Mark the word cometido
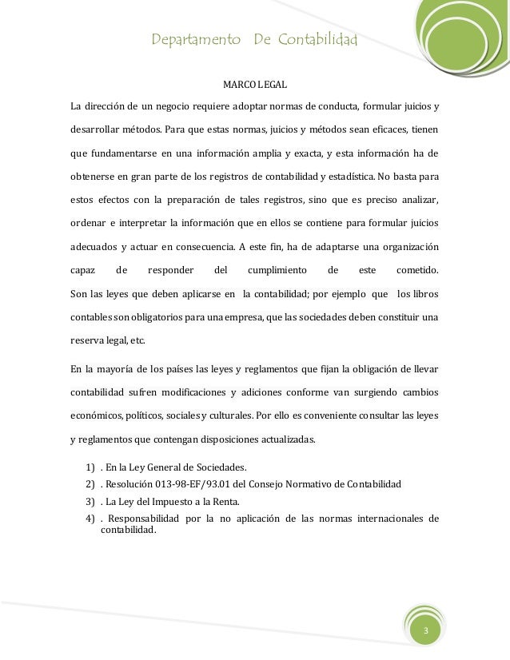click(417, 270)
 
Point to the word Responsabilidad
click(141, 518)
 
